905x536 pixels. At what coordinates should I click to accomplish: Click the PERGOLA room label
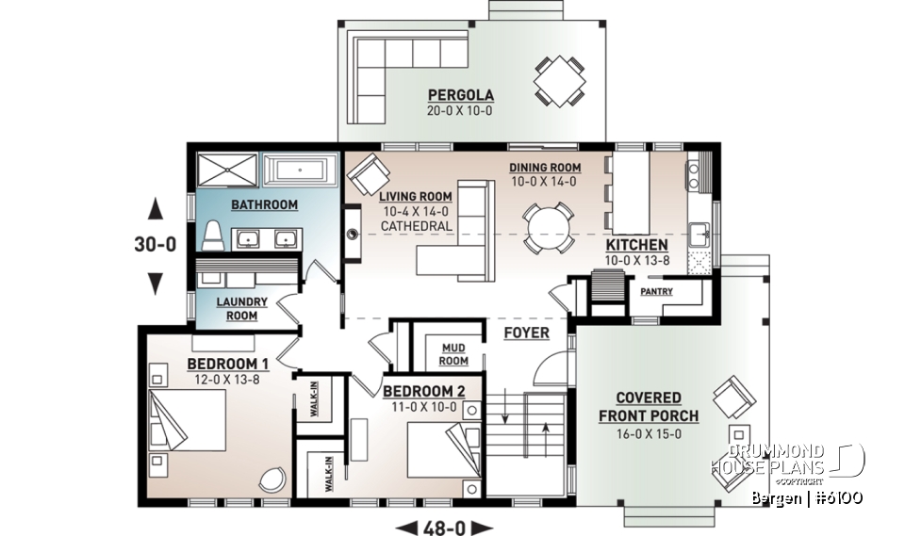tap(461, 95)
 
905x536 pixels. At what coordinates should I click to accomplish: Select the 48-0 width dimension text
tap(442, 527)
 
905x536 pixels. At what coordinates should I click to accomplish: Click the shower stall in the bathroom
tap(226, 172)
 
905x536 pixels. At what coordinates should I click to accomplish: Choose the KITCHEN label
tap(635, 245)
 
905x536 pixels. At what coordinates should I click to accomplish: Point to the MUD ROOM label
tap(453, 354)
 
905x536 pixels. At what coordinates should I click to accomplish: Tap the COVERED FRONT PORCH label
tap(649, 407)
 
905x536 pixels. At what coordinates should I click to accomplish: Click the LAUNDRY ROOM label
tap(242, 309)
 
